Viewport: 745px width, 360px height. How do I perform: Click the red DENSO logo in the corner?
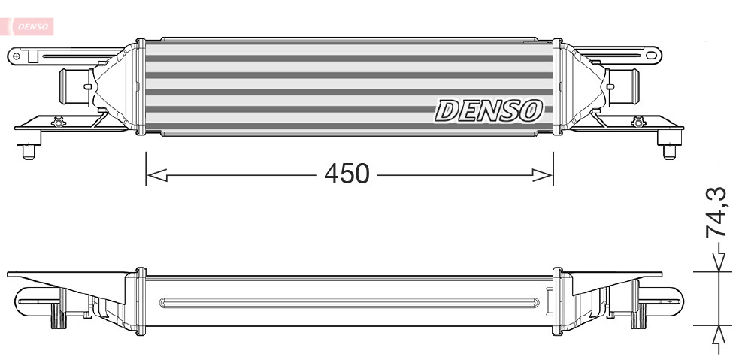30,26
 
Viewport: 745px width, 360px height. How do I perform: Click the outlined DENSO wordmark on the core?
488,111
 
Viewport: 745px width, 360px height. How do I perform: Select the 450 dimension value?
347,174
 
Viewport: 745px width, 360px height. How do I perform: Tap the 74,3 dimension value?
717,213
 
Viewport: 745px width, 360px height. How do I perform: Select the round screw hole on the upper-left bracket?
17,55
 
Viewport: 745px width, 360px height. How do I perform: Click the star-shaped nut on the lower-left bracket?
57,122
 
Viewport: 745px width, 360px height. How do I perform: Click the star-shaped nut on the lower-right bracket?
638,122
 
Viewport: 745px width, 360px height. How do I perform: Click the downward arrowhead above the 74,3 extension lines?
720,261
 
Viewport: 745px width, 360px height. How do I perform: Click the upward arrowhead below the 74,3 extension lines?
720,334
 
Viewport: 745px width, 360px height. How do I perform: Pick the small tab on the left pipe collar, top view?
90,86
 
